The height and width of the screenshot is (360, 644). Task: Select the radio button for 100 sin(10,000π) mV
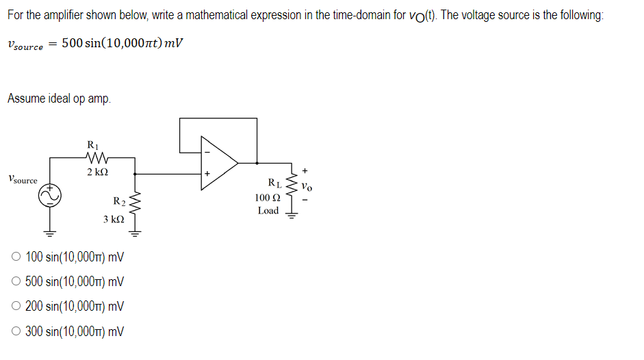pyautogui.click(x=16, y=258)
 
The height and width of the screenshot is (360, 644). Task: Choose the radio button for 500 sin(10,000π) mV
pyautogui.click(x=16, y=282)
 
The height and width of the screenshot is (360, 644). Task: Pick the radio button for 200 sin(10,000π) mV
pyautogui.click(x=16, y=307)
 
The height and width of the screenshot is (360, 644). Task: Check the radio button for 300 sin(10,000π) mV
pyautogui.click(x=16, y=332)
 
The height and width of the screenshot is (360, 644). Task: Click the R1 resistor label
pyautogui.click(x=94, y=144)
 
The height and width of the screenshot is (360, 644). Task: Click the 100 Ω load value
pyautogui.click(x=266, y=197)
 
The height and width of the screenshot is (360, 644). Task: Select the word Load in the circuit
pyautogui.click(x=268, y=211)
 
